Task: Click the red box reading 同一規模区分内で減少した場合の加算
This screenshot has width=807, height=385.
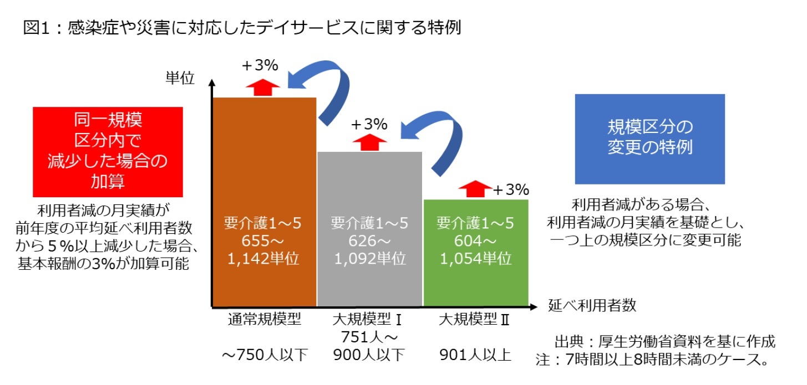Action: [x=108, y=152]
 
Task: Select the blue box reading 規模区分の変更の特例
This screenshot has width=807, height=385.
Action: [x=649, y=139]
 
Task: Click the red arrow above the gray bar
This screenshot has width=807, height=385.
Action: [x=369, y=142]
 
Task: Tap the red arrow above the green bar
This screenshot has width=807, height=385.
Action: [x=475, y=189]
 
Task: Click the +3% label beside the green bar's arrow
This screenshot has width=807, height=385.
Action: [x=511, y=190]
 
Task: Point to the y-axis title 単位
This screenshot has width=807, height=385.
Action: [x=180, y=79]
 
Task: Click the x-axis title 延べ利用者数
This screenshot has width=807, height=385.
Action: [x=592, y=305]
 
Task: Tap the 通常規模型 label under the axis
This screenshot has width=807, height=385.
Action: [x=264, y=320]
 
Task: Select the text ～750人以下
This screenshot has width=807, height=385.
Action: [x=264, y=355]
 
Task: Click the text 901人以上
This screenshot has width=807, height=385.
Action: [x=475, y=355]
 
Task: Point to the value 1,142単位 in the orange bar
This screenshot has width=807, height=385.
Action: [x=264, y=259]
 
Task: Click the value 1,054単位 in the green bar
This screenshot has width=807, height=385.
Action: [x=475, y=259]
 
